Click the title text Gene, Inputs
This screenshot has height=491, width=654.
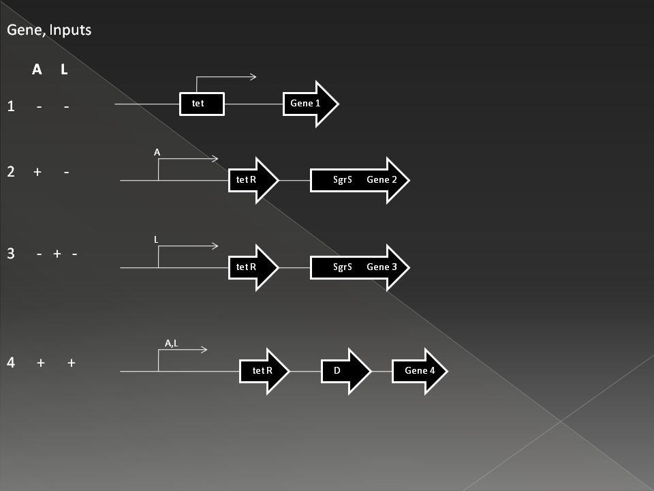coord(49,30)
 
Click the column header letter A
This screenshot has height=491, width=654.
coord(37,70)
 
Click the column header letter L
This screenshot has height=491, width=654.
coord(64,70)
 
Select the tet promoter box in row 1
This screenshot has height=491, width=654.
coord(202,104)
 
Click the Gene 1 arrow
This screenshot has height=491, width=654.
coord(311,104)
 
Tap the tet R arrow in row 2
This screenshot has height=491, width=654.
coord(253,180)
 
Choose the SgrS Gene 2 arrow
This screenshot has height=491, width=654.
coord(360,180)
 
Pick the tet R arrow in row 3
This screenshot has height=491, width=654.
coord(253,267)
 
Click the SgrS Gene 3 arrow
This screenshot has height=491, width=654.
coord(360,267)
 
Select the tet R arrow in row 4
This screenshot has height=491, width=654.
coord(264,371)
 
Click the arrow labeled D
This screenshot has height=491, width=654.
coord(346,371)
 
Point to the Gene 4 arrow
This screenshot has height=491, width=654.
coord(420,371)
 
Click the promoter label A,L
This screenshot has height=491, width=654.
coord(172,343)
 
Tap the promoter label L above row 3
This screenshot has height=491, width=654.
coord(156,239)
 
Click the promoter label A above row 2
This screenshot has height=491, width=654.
coord(157,152)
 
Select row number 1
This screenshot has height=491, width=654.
coord(12,106)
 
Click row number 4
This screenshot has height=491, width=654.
coord(11,362)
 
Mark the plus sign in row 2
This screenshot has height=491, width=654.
coord(37,172)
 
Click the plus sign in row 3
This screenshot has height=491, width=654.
coord(57,254)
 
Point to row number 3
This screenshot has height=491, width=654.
coord(11,254)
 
